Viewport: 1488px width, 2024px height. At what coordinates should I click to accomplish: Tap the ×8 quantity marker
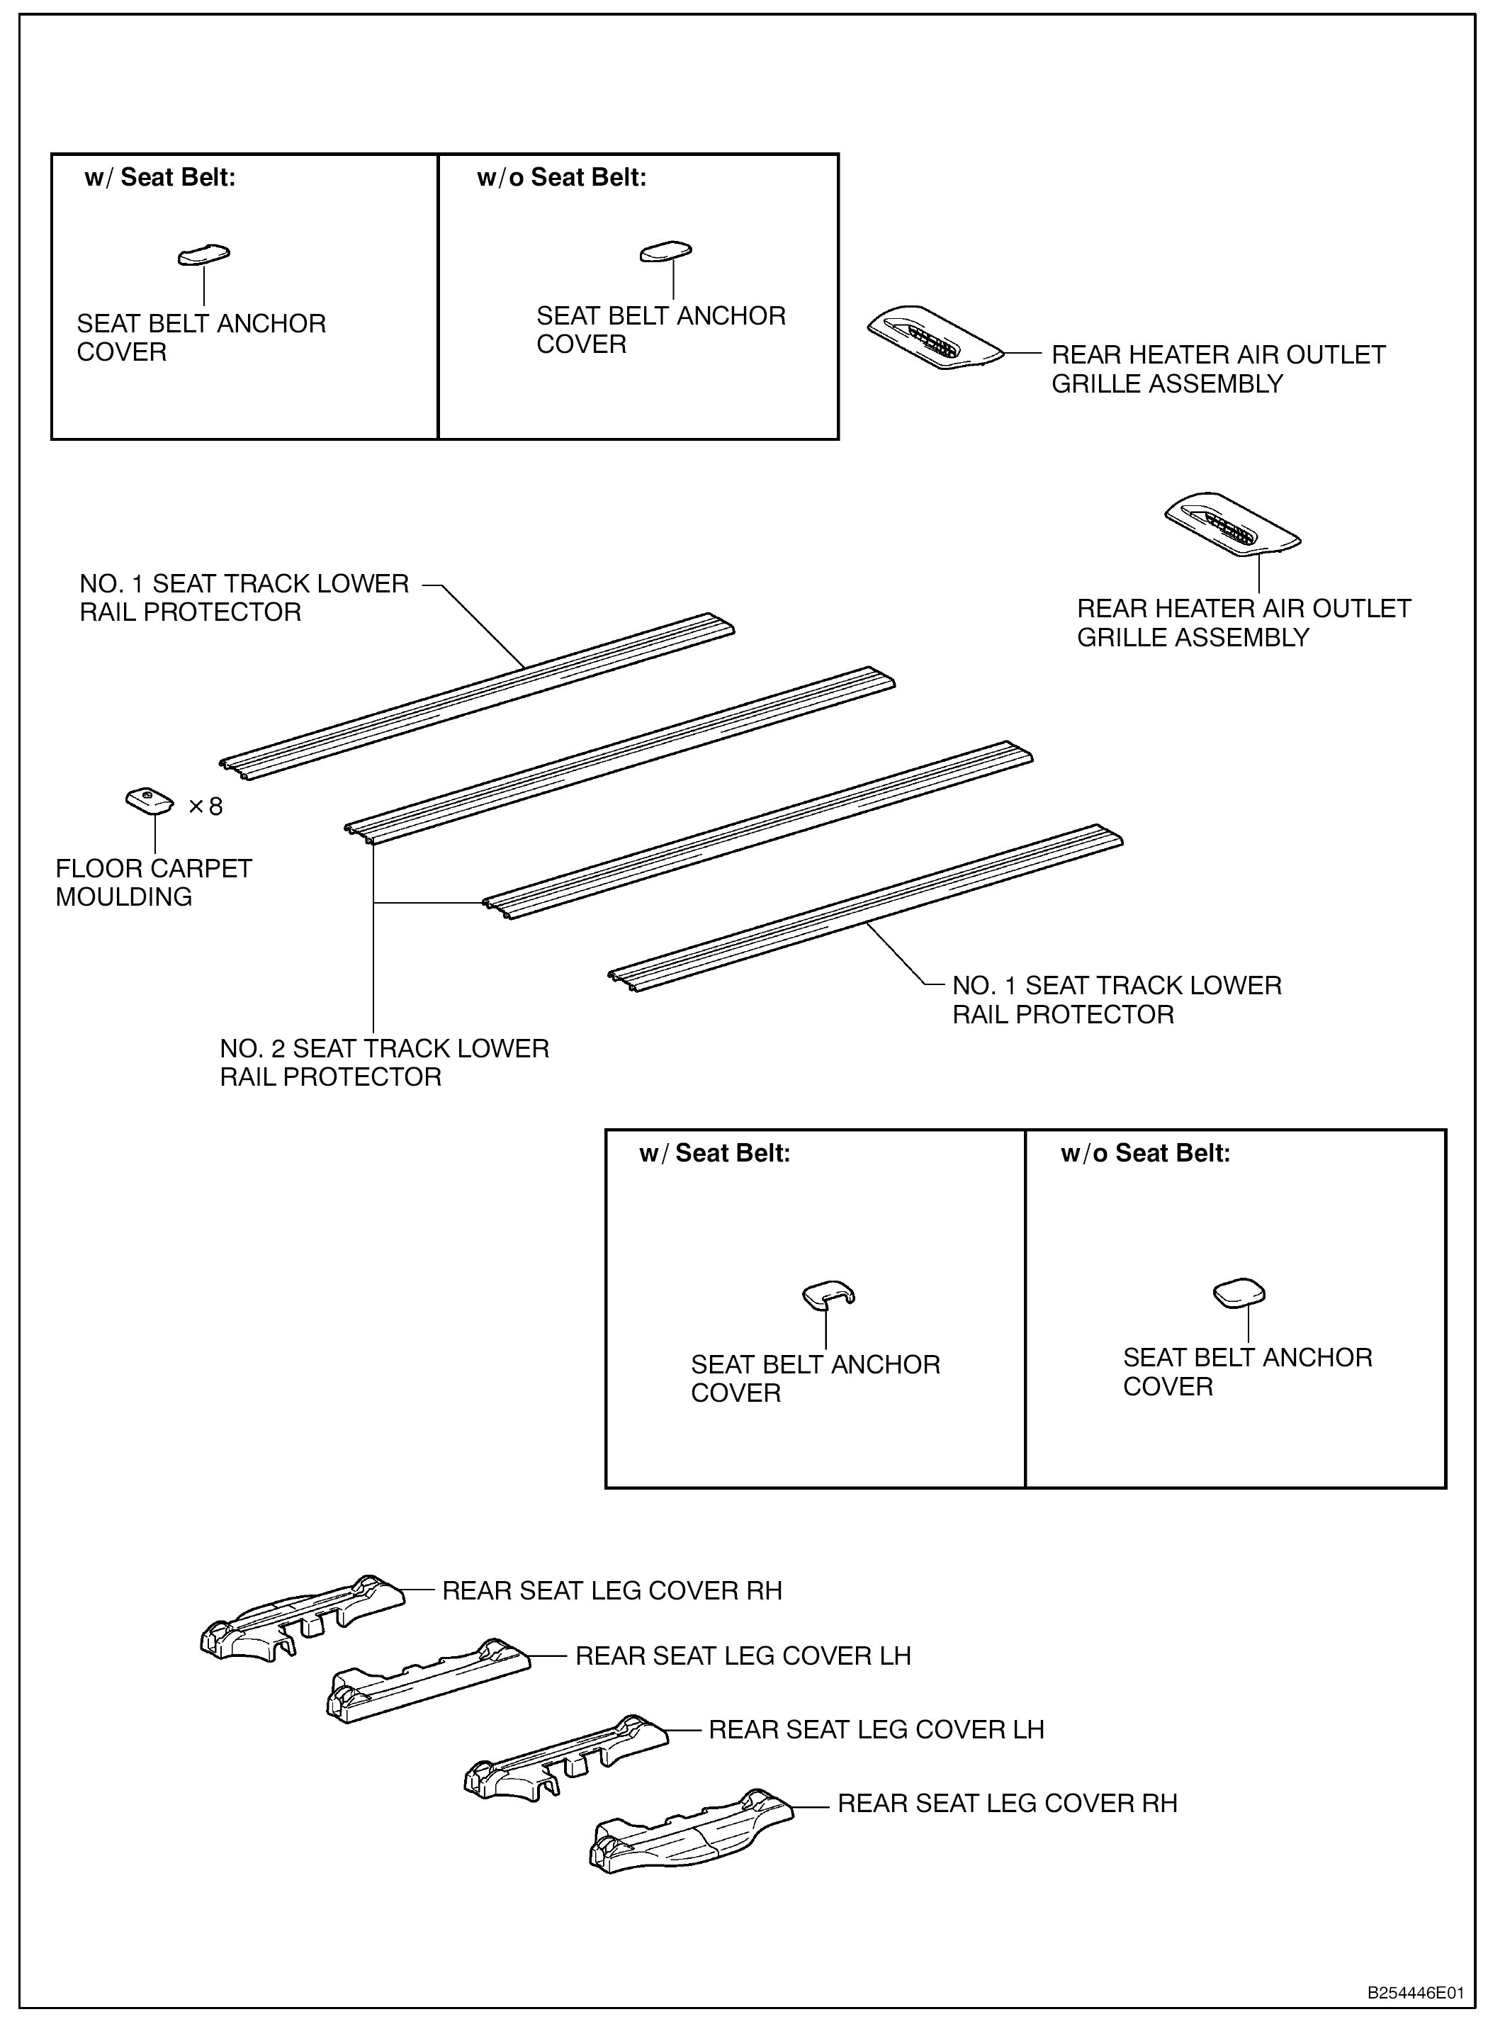[205, 806]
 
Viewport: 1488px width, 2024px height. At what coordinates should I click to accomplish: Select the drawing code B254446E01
[1415, 1993]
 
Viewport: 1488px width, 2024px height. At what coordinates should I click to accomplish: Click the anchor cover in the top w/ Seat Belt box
[203, 256]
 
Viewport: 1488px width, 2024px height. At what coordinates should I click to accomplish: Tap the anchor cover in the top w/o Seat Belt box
[665, 252]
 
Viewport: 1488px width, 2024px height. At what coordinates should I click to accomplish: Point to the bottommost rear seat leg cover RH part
[691, 1829]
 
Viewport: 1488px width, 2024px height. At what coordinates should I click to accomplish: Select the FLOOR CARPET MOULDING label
[153, 883]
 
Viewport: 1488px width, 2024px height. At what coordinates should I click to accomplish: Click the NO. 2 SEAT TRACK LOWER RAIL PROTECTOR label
[384, 1062]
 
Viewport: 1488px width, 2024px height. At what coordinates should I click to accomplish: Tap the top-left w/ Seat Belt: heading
[159, 177]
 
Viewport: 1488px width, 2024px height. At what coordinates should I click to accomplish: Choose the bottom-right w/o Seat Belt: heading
[1145, 1153]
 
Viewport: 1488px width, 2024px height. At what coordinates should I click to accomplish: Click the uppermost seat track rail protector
[478, 697]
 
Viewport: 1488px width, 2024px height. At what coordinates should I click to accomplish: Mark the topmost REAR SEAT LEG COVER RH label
[611, 1591]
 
